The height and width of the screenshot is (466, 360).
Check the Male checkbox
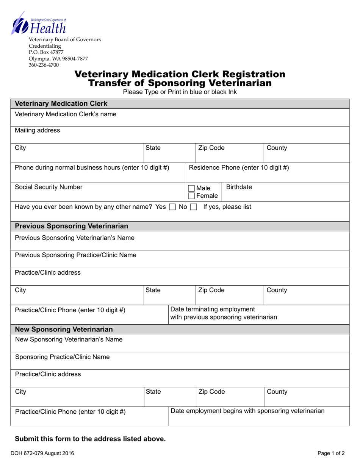pos(192,188)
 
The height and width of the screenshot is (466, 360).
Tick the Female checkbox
pos(192,196)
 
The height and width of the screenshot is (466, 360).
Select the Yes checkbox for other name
pos(172,207)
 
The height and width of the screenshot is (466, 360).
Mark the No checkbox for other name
pos(193,207)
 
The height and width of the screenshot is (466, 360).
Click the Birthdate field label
pos(239,187)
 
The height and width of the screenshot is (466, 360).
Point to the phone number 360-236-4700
pos(44,65)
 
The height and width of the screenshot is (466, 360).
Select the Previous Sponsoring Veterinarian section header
pos(71,226)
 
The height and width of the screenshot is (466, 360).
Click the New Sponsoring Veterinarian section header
pos(64,329)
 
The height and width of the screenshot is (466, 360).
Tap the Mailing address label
pos(37,130)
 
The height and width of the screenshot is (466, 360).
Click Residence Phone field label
pos(239,167)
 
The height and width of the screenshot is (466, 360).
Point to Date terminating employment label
pos(213,310)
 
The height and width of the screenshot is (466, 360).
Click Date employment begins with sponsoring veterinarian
pos(248,411)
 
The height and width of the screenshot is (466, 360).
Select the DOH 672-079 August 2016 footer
pos(44,453)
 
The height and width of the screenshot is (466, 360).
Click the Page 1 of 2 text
pos(331,453)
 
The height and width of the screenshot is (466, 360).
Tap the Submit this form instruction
pos(90,439)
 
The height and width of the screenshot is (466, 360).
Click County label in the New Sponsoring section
pos(277,392)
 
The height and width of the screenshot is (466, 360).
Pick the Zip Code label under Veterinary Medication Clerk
pos(211,148)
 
